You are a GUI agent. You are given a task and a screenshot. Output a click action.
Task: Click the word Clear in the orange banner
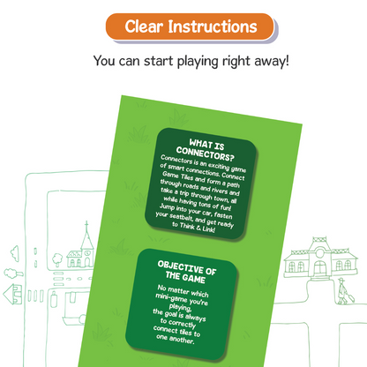[144, 26]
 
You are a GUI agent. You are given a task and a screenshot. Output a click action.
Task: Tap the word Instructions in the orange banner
[213, 26]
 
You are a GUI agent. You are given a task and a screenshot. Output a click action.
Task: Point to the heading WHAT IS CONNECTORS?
[206, 150]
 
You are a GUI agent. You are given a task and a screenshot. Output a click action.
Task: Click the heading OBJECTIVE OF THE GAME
[186, 272]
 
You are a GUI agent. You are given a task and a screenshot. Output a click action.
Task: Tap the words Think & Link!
[198, 228]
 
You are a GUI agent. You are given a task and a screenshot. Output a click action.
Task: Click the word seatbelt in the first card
[182, 218]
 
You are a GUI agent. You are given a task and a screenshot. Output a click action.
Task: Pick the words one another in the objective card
[176, 339]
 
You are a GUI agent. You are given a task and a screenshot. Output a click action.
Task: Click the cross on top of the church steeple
[86, 225]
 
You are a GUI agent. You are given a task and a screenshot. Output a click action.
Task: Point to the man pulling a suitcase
[341, 290]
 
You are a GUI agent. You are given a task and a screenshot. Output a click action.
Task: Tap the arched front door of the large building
[319, 267]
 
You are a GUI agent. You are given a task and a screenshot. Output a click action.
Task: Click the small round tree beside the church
[57, 259]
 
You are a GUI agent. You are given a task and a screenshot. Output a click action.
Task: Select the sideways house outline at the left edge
[12, 294]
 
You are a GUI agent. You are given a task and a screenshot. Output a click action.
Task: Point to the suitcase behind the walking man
[350, 297]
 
